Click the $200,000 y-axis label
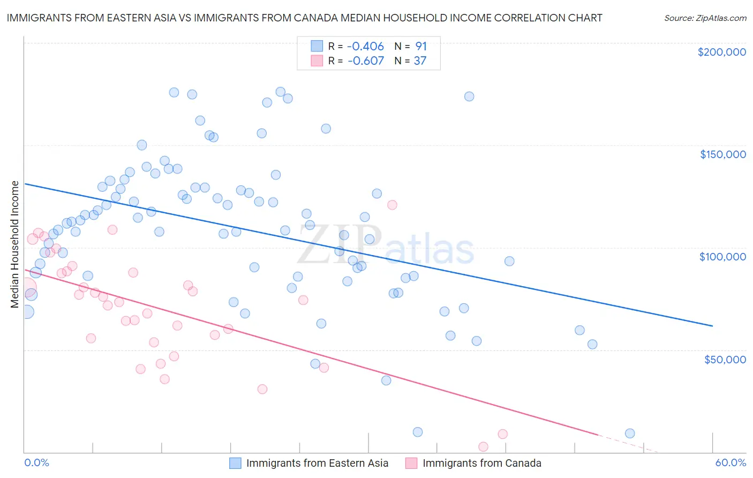(721, 52)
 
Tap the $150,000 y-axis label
(722, 154)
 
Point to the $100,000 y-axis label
(722, 257)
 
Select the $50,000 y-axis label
(725, 359)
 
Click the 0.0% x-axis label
(36, 462)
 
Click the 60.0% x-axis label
(731, 462)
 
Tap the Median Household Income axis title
(14, 244)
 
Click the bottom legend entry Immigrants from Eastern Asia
(317, 463)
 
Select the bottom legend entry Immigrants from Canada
(481, 463)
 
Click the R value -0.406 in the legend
(365, 47)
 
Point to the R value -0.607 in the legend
(365, 61)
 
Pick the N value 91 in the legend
(421, 47)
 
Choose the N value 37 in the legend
(420, 61)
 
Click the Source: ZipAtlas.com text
(705, 18)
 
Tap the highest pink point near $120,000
(392, 205)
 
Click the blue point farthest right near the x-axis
(630, 434)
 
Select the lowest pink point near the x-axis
(483, 446)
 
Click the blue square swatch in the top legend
(317, 47)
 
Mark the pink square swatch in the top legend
(317, 61)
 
